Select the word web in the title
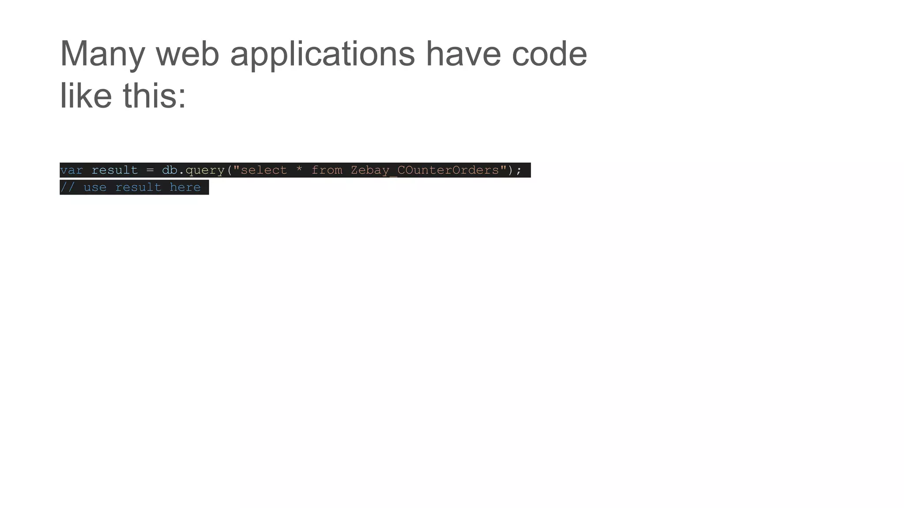point(188,54)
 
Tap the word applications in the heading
point(322,54)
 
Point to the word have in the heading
point(463,54)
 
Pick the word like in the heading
point(86,96)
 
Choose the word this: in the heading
point(154,96)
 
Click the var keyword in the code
point(72,170)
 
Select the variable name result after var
point(115,170)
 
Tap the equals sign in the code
point(150,170)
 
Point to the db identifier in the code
point(169,170)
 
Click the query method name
point(205,171)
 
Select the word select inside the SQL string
point(264,170)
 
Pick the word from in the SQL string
point(327,170)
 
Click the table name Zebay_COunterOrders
point(425,170)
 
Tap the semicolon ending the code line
point(519,171)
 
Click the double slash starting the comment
point(68,187)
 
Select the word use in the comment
point(95,187)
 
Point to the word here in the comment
point(185,187)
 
